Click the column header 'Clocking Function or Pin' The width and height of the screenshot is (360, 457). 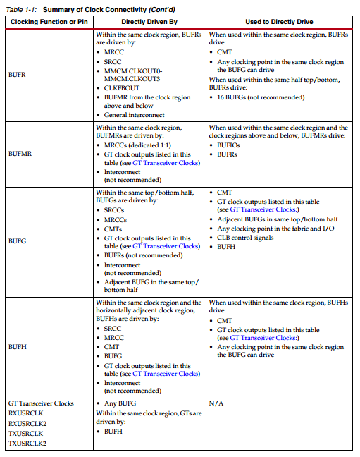[x=48, y=22]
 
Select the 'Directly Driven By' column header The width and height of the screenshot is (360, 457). [x=149, y=22]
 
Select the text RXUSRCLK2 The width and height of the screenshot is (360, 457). [x=29, y=423]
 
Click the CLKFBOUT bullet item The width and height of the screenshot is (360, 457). [x=123, y=88]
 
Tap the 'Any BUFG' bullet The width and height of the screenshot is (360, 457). [x=121, y=403]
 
